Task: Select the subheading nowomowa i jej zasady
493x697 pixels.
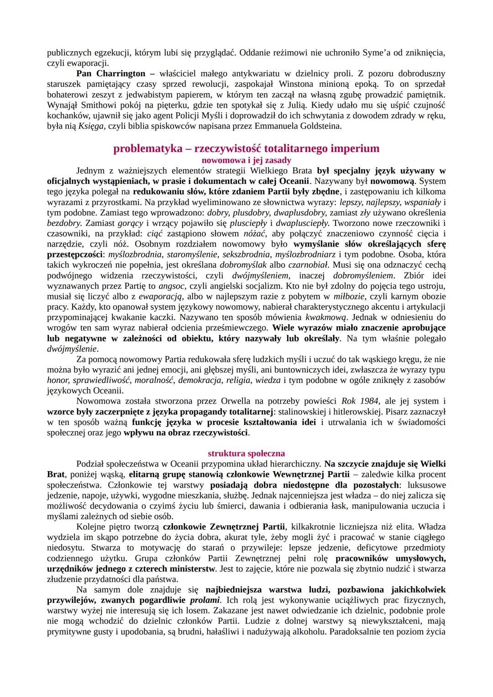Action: pyautogui.click(x=246, y=160)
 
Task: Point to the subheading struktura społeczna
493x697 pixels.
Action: pyautogui.click(x=246, y=453)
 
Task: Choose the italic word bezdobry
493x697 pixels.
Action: pyautogui.click(x=64, y=223)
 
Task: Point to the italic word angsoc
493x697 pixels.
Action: pyautogui.click(x=170, y=286)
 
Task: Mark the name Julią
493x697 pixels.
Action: pyautogui.click(x=294, y=105)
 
